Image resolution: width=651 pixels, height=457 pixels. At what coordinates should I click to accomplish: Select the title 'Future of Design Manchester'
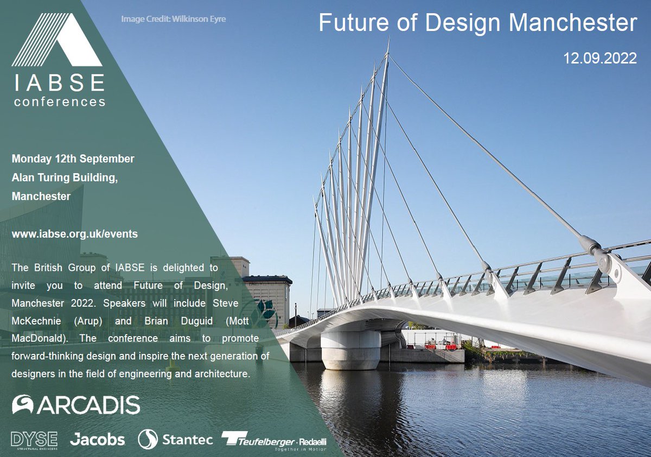pyautogui.click(x=477, y=23)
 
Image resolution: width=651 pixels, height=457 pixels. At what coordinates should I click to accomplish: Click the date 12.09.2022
pyautogui.click(x=600, y=58)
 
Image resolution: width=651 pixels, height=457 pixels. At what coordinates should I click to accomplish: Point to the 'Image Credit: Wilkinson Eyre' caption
pyautogui.click(x=173, y=20)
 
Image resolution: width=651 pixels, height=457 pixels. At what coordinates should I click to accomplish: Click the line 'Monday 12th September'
pyautogui.click(x=73, y=159)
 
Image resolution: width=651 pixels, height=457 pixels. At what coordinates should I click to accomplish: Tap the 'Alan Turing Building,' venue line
pyautogui.click(x=65, y=177)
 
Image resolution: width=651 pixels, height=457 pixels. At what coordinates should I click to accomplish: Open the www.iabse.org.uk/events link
pyautogui.click(x=74, y=234)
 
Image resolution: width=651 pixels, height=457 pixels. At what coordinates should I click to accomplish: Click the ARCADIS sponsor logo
pyautogui.click(x=76, y=404)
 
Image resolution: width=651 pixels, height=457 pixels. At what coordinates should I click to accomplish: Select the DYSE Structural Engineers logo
pyautogui.click(x=35, y=439)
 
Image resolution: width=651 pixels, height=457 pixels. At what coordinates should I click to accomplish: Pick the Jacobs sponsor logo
pyautogui.click(x=97, y=439)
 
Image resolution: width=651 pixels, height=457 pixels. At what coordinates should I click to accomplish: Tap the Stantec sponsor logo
pyautogui.click(x=175, y=439)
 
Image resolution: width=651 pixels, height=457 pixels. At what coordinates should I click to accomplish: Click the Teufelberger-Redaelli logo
pyautogui.click(x=274, y=440)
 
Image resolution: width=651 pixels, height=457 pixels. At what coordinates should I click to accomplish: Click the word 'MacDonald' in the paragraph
pyautogui.click(x=36, y=338)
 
